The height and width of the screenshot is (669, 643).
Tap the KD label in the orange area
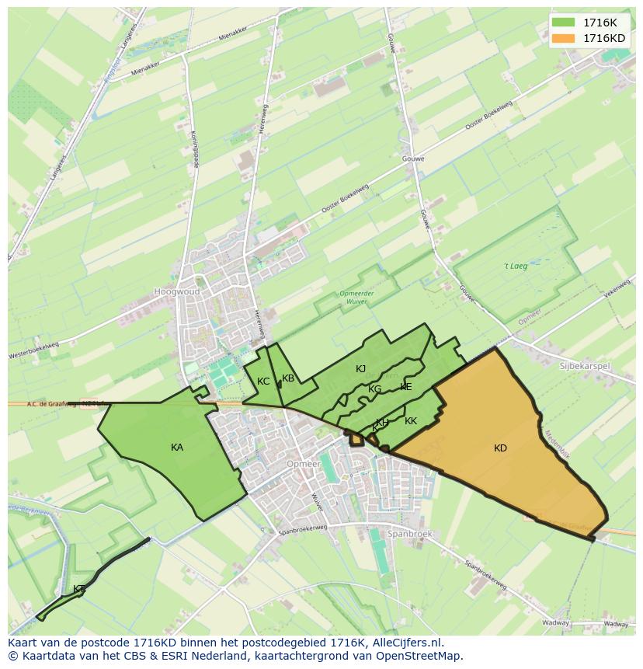coord(500,448)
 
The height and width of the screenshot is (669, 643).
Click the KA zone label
coord(177,448)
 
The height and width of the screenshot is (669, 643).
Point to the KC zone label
coord(263,382)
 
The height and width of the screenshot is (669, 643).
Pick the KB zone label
coord(288,378)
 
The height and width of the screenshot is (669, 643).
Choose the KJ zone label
coord(360,369)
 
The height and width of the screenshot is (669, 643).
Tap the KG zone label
coord(375,389)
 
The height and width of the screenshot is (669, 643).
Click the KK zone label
coord(411,421)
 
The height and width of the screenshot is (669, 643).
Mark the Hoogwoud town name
coord(176,292)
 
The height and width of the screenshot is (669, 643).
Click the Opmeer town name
coord(303,464)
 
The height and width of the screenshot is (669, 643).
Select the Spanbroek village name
coord(410,535)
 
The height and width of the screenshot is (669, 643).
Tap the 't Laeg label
coord(515,267)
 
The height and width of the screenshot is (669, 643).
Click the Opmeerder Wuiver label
coord(357,297)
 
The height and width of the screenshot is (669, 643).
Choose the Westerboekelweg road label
coord(33,350)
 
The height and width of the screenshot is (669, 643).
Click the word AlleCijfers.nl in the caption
coord(407,643)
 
